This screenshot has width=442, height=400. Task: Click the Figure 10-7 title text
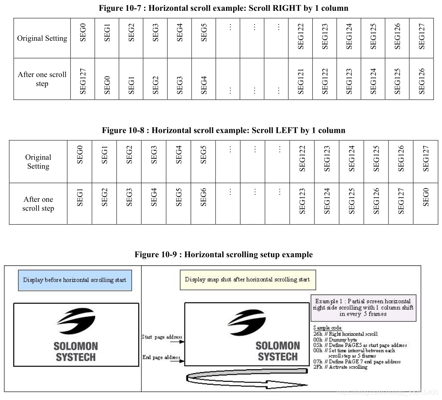click(x=223, y=8)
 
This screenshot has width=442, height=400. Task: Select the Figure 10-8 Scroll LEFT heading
click(x=223, y=130)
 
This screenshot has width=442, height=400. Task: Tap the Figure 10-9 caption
click(x=223, y=255)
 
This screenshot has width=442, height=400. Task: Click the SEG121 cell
click(x=301, y=79)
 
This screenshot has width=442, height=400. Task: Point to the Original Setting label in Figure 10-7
click(x=42, y=39)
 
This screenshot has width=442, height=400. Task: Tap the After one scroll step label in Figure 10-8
click(x=38, y=204)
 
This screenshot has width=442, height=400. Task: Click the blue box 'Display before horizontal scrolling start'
click(x=74, y=280)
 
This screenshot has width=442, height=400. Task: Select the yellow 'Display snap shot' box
click(x=247, y=280)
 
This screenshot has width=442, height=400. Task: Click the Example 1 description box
click(x=363, y=307)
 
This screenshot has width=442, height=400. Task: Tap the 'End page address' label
click(x=161, y=357)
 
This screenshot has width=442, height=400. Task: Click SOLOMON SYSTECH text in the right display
click(x=277, y=351)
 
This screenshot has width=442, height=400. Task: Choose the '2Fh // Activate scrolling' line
click(x=340, y=367)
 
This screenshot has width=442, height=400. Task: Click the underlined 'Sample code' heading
click(x=327, y=328)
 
